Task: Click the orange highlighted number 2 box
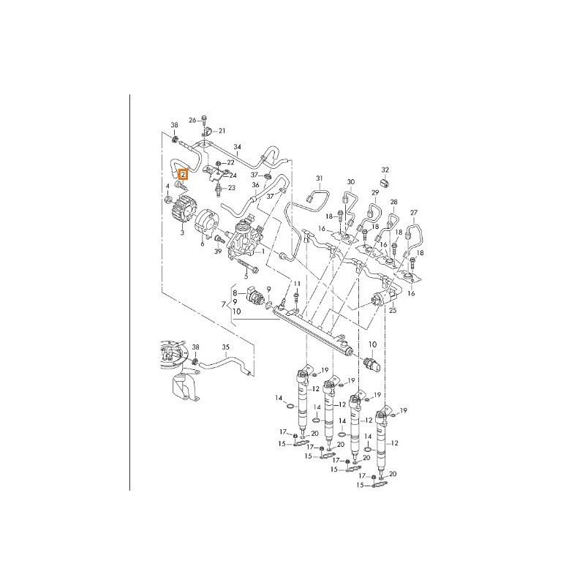coord(184,175)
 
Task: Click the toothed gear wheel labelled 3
coord(182,213)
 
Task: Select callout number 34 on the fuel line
coord(237,147)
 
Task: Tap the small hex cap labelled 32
coord(385,183)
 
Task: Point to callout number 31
coord(319,178)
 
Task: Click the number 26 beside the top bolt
coord(192,120)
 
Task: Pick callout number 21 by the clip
coord(222,131)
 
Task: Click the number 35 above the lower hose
coord(226,347)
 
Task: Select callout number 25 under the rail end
coord(393,310)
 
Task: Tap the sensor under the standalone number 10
coord(372,363)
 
